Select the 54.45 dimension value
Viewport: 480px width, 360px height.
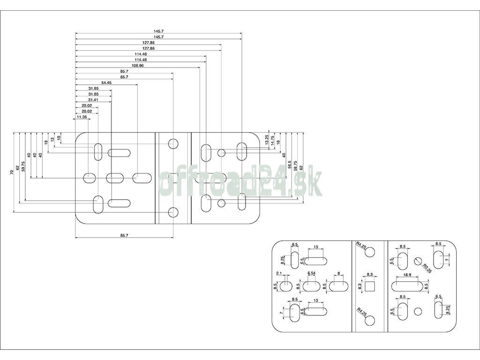coord(106,82)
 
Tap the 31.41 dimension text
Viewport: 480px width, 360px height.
coord(93,100)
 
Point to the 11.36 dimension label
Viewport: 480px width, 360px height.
coord(81,117)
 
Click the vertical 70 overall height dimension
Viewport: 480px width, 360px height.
coord(11,172)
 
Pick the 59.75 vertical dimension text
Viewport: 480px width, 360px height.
coord(23,166)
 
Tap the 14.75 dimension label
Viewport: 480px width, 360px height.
coord(273,141)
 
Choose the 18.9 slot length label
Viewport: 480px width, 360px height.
coord(406,275)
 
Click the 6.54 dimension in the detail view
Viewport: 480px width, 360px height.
coord(312,273)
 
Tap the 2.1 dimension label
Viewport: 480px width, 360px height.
coord(279,273)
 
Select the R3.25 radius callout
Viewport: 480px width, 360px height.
coord(427,268)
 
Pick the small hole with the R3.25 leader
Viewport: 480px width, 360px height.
coord(419,260)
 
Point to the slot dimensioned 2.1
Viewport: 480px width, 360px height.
coord(286,285)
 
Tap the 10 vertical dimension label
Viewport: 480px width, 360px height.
coord(59,138)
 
